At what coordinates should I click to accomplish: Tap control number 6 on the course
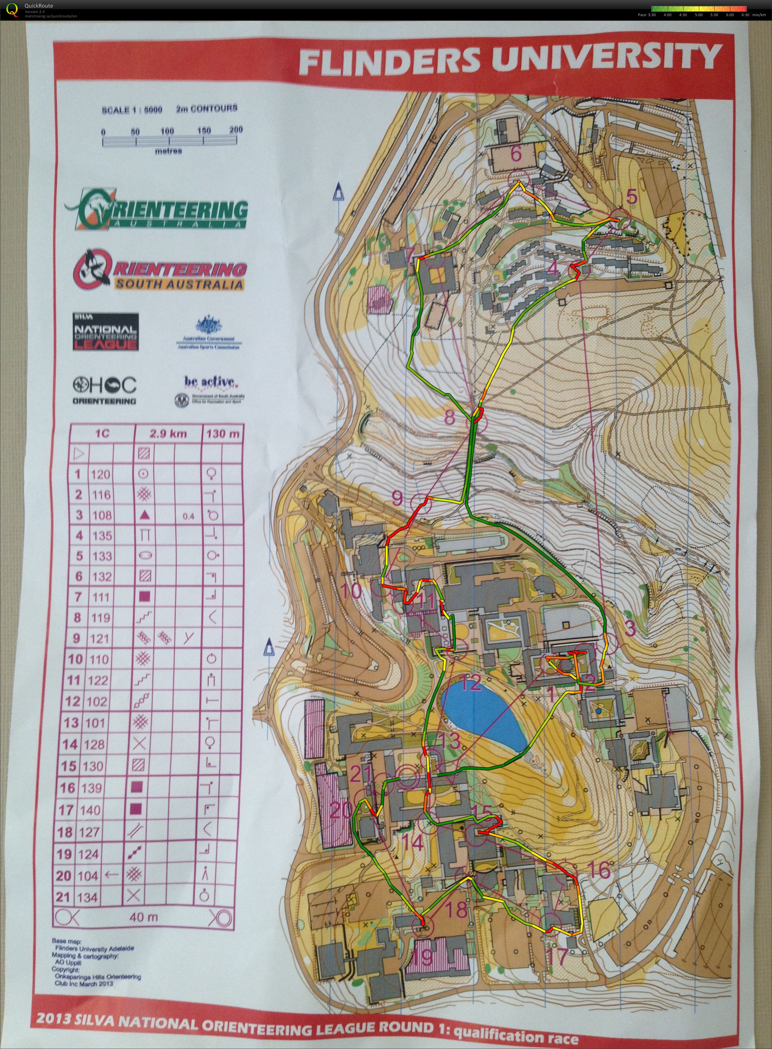click(516, 154)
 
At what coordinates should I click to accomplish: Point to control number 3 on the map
click(630, 629)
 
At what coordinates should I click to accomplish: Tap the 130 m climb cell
click(222, 434)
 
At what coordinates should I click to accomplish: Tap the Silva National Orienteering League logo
click(106, 331)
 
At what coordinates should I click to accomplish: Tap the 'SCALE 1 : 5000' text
click(132, 110)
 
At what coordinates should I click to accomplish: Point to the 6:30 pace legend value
click(745, 15)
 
